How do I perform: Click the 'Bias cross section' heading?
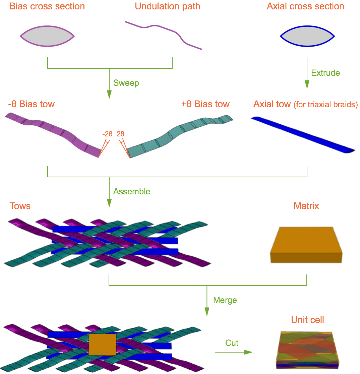(x=47, y=6)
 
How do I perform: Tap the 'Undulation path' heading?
(x=168, y=6)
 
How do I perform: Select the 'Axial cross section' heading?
(x=305, y=6)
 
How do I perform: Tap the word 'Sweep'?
(x=126, y=83)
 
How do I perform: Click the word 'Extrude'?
(x=325, y=73)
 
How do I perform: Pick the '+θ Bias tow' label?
(x=205, y=104)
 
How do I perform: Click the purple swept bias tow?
(x=57, y=131)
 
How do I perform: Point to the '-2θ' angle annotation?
(x=108, y=134)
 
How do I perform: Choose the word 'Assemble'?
(x=132, y=191)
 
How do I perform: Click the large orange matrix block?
(x=306, y=245)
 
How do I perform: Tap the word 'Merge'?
(x=225, y=300)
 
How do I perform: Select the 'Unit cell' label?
(x=307, y=320)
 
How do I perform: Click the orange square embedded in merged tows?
(x=103, y=344)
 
